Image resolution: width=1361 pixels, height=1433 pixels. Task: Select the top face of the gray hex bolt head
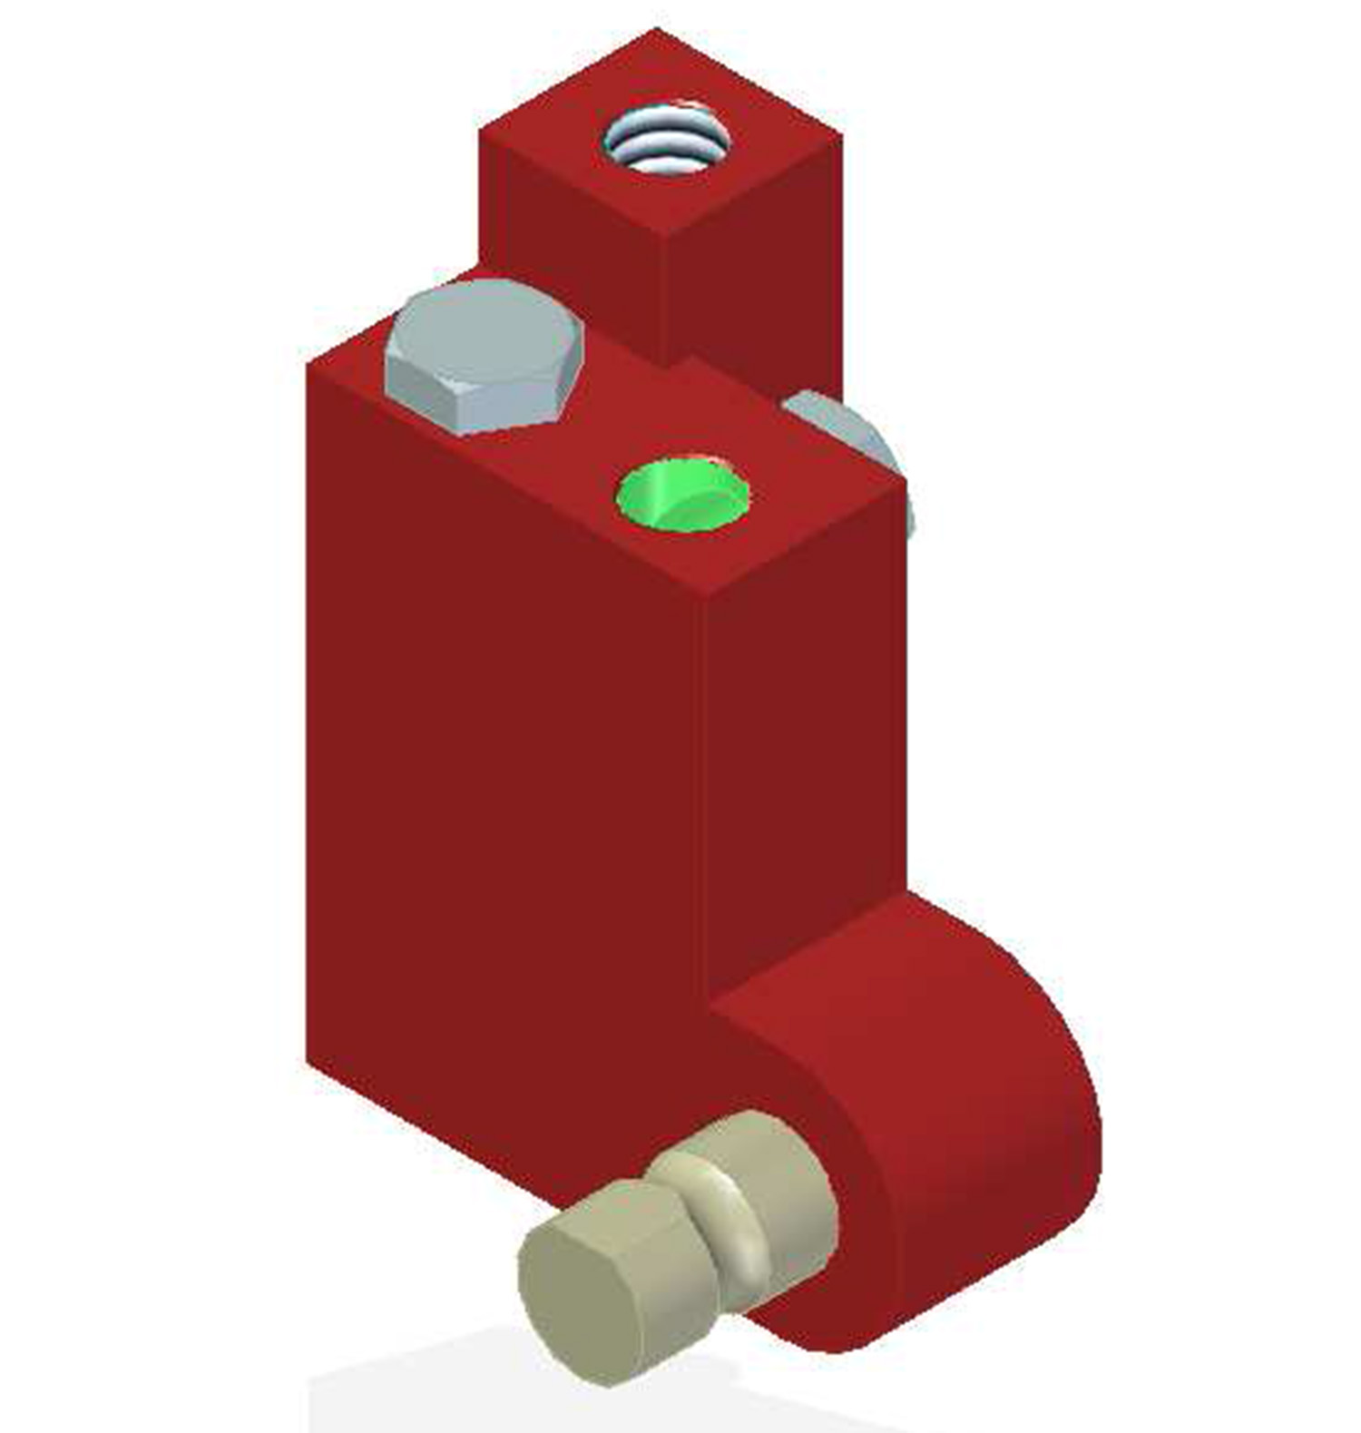484,336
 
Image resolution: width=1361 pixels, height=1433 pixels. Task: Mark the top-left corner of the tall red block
308,363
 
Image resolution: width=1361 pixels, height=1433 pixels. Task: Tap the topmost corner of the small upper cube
655,30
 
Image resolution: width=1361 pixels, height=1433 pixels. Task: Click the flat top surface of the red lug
817,962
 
